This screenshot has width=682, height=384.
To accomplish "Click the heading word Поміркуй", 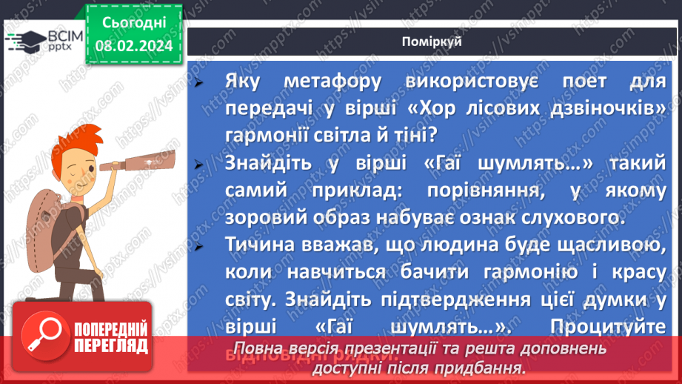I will [434, 42].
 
